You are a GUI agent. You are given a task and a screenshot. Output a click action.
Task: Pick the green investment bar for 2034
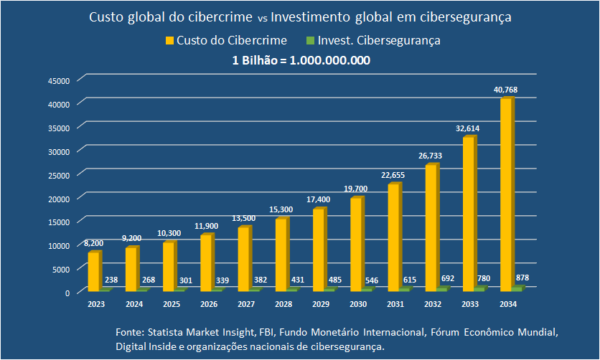tap(517, 288)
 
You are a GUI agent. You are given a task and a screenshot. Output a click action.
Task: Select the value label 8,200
tap(94, 243)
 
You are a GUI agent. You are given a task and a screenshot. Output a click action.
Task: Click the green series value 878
tap(522, 278)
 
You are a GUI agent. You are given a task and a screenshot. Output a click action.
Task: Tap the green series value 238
tap(111, 280)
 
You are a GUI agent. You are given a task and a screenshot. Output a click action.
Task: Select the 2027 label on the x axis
tap(245, 304)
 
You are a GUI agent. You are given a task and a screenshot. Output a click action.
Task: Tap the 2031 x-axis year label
tap(395, 304)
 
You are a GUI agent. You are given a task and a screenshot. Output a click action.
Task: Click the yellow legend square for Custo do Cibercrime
tap(170, 41)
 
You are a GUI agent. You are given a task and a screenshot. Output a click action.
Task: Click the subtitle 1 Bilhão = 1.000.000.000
tap(301, 60)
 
